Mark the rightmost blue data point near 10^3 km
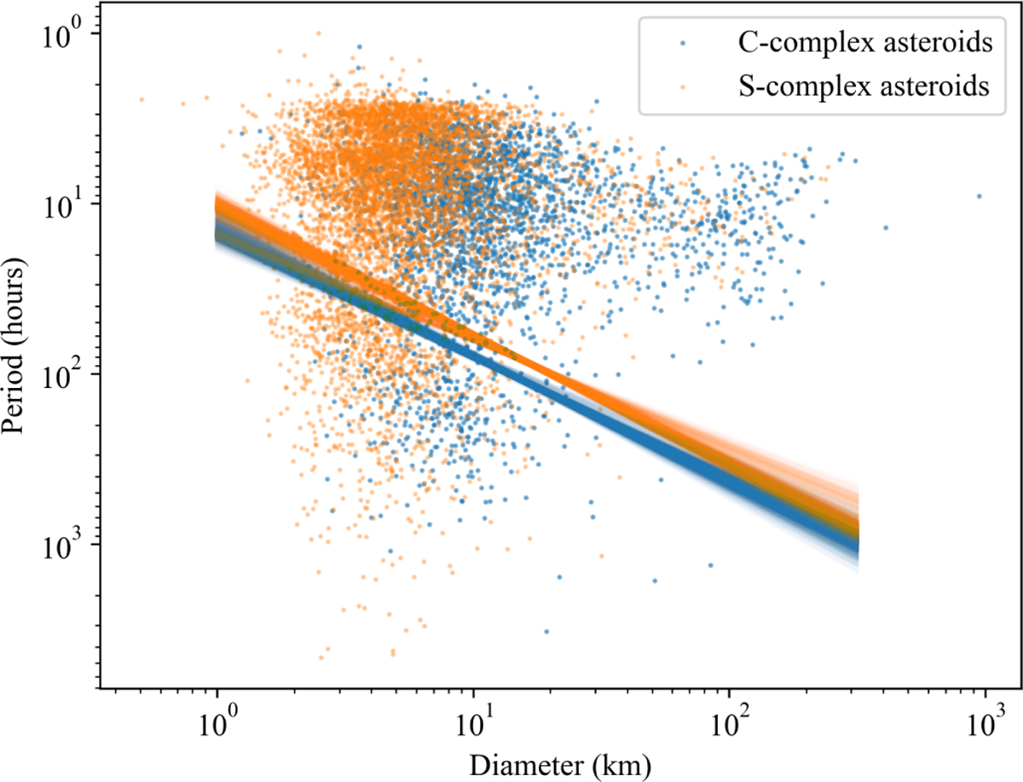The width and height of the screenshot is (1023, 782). point(980,196)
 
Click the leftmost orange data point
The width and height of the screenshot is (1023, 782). point(142,100)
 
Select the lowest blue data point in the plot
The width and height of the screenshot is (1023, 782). point(546,631)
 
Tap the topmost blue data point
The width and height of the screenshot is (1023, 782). point(359,47)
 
